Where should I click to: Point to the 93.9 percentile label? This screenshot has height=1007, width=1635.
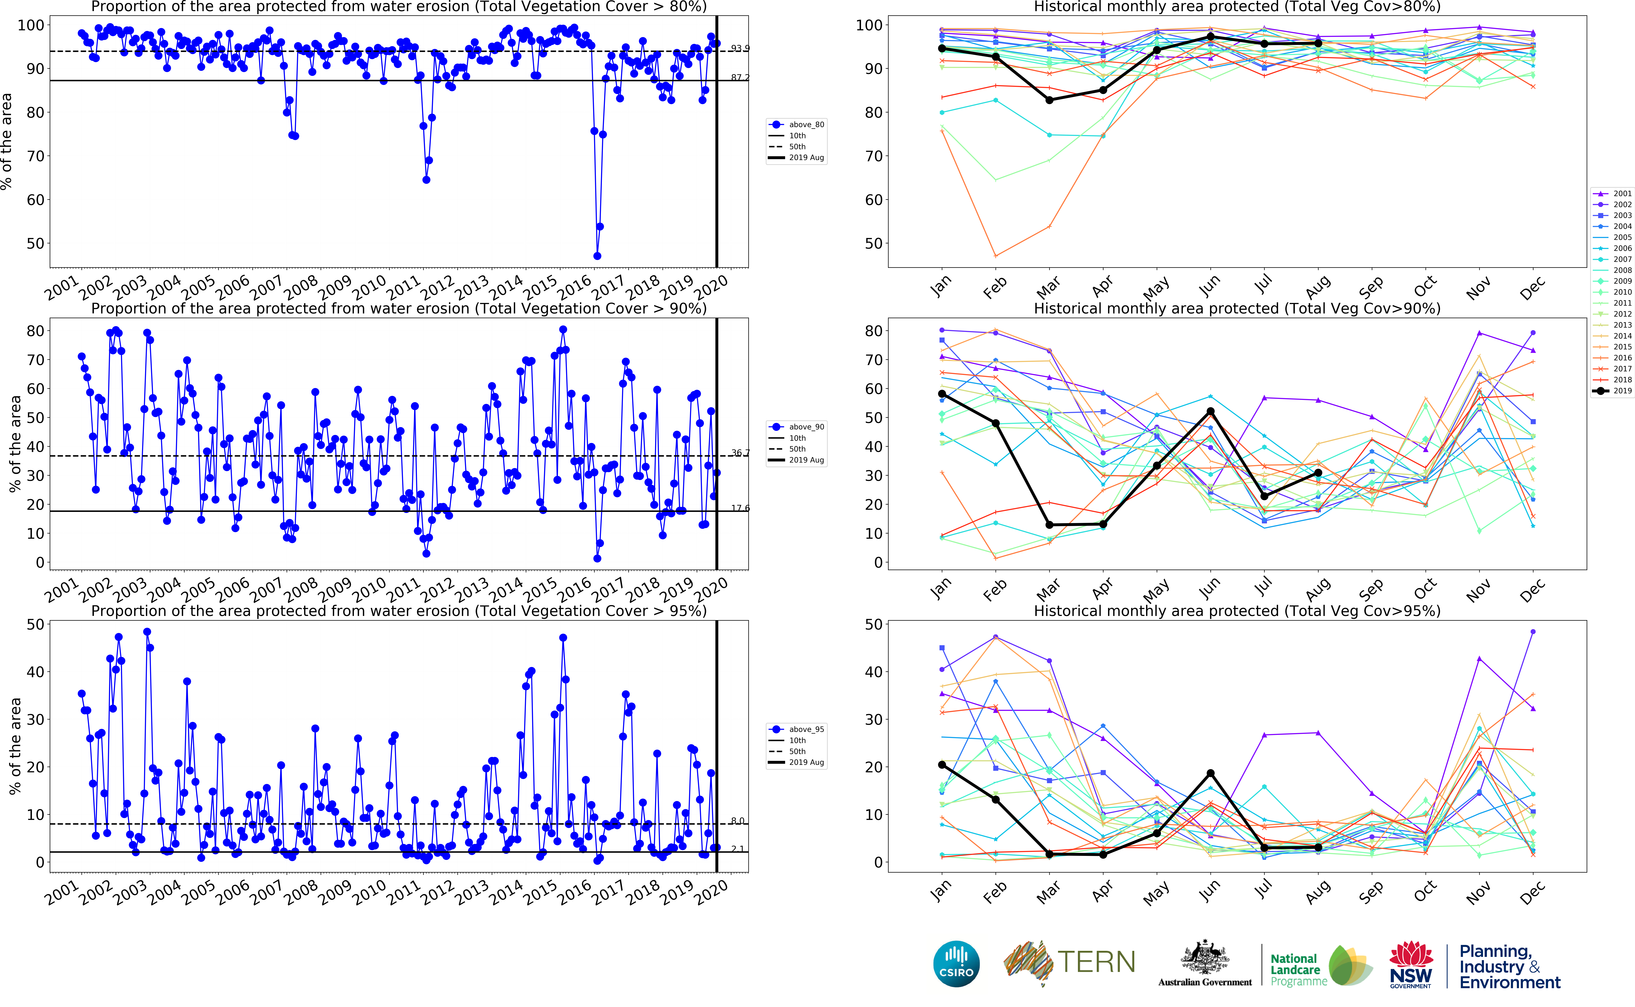pyautogui.click(x=740, y=49)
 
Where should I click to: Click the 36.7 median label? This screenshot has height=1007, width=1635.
pyautogui.click(x=740, y=453)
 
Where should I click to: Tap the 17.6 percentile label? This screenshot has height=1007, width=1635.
pyautogui.click(x=740, y=508)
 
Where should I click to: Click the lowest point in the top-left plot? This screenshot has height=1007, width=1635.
pyautogui.click(x=597, y=256)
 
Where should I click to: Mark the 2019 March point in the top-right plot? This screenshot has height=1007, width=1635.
pyautogui.click(x=1049, y=100)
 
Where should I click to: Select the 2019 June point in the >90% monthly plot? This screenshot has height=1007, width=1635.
pyautogui.click(x=1211, y=412)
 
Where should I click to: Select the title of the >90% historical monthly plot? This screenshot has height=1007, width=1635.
pyautogui.click(x=1237, y=308)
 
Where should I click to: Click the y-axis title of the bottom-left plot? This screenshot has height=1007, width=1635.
pyautogui.click(x=15, y=746)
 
